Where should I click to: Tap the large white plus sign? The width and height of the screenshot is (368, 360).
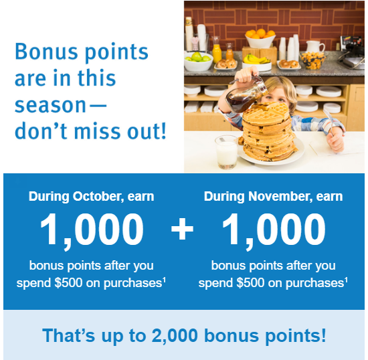pyautogui.click(x=182, y=229)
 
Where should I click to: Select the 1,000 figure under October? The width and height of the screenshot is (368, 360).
pyautogui.click(x=92, y=230)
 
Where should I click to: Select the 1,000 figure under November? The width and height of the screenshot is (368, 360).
pyautogui.click(x=274, y=230)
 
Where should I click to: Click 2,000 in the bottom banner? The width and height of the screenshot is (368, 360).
pyautogui.click(x=175, y=336)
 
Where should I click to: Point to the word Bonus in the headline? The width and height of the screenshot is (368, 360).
pyautogui.click(x=46, y=51)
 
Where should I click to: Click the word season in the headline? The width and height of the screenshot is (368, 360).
pyautogui.click(x=50, y=105)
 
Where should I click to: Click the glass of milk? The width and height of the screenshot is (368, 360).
pyautogui.click(x=226, y=152)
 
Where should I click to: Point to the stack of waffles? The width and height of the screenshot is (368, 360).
pyautogui.click(x=269, y=132)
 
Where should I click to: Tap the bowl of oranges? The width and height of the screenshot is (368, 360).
pyautogui.click(x=260, y=39)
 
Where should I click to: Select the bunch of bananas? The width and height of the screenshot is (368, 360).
pyautogui.click(x=256, y=60)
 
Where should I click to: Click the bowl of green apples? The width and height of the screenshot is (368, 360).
pyautogui.click(x=199, y=62)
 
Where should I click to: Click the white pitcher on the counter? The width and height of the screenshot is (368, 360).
pyautogui.click(x=314, y=47)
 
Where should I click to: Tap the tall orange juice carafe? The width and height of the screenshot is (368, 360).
pyautogui.click(x=216, y=50)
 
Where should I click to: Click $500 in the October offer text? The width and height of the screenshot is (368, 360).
pyautogui.click(x=68, y=282)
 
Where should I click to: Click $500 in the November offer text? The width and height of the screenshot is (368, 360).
pyautogui.click(x=250, y=282)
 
